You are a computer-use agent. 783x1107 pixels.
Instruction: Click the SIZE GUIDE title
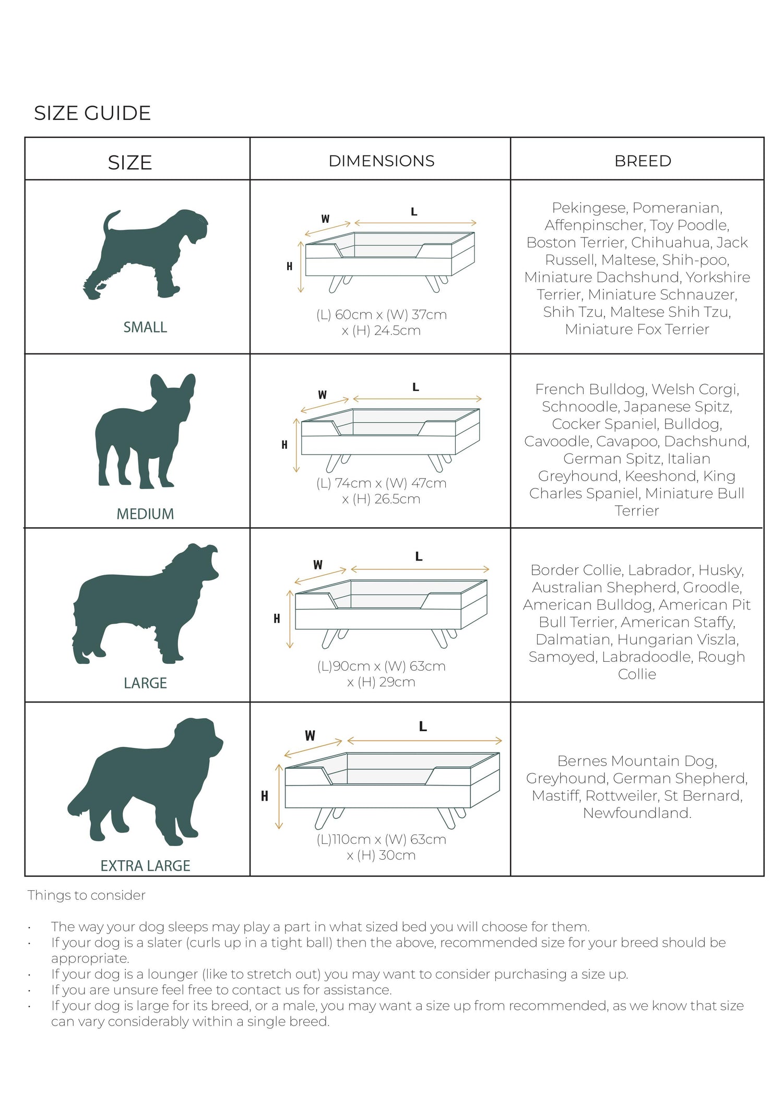92,113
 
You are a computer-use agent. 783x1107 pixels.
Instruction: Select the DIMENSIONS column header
382,161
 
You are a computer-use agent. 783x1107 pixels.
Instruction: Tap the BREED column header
643,161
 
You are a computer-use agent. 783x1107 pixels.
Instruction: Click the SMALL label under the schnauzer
145,327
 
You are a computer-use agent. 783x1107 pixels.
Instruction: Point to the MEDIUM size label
145,514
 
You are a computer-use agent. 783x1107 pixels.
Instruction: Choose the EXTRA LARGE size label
145,866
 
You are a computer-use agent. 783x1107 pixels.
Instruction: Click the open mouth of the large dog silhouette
211,561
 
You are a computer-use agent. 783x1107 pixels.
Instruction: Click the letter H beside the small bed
289,266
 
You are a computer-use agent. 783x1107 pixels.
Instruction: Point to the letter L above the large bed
419,557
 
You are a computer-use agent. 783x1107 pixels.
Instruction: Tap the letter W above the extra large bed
310,736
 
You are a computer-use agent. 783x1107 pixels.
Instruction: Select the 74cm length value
352,483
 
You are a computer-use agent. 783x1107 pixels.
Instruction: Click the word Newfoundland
637,813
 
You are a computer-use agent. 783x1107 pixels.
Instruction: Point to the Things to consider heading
86,895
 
